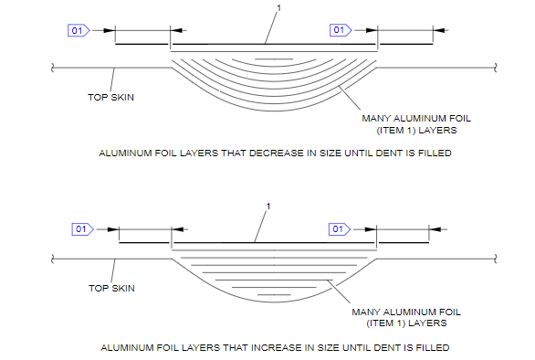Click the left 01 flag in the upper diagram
79,31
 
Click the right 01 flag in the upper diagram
341,30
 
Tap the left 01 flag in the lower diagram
82,229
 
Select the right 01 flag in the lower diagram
340,229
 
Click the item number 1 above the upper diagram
278,8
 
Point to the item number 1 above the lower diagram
268,206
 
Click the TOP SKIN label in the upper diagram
110,98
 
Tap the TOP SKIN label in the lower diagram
111,288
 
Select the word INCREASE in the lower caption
277,348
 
